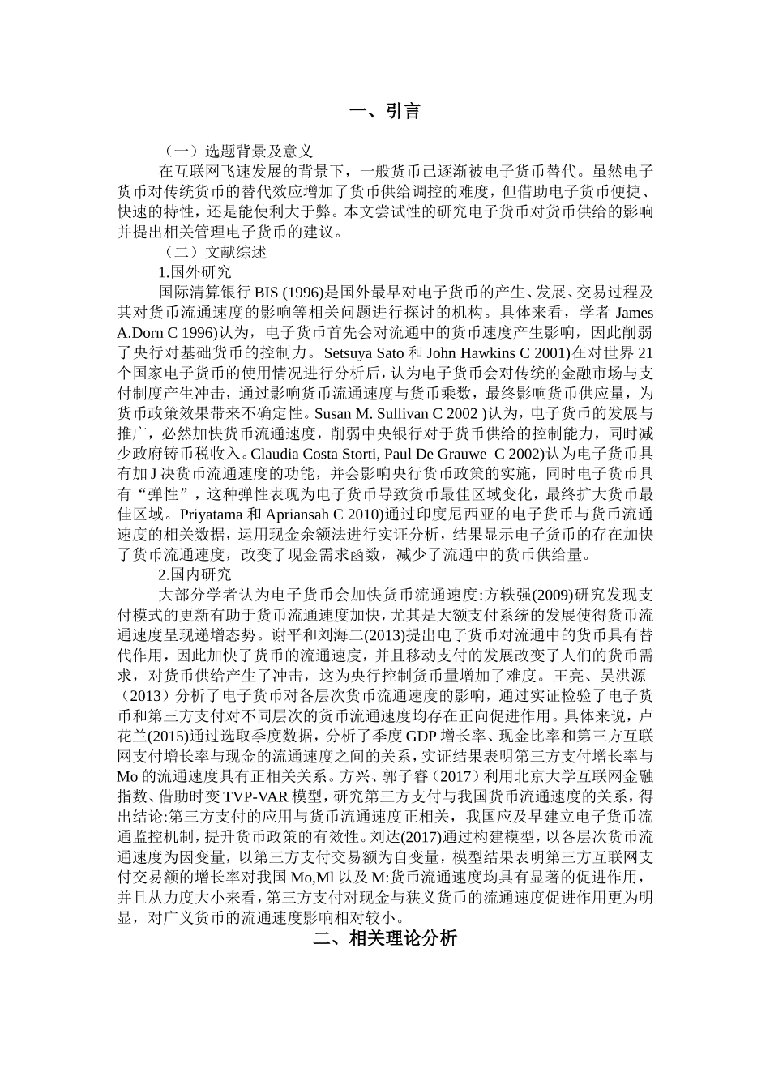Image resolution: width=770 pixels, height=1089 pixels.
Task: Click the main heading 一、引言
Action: pyautogui.click(x=384, y=112)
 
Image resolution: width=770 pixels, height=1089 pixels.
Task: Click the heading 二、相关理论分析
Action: pyautogui.click(x=384, y=938)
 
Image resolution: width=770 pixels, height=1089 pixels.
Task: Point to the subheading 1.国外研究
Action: pyautogui.click(x=195, y=272)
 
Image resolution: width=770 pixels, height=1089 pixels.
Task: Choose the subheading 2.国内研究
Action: pyautogui.click(x=195, y=574)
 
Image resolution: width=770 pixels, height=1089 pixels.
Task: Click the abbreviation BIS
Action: pyautogui.click(x=266, y=293)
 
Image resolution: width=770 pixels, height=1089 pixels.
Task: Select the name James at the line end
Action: pyautogui.click(x=635, y=313)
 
